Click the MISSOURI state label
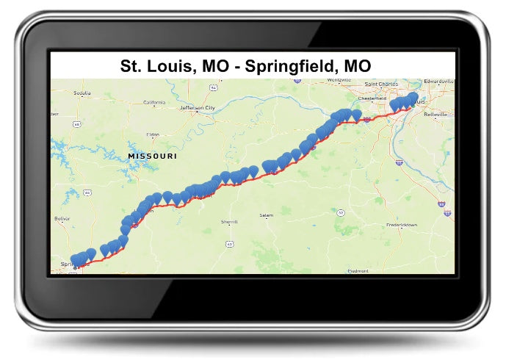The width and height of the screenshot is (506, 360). pos(152,156)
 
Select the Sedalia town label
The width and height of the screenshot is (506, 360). pos(82,93)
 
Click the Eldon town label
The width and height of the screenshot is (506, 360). pos(153,134)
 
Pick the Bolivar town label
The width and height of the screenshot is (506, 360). pos(62,219)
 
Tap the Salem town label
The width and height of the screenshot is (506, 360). pos(266,215)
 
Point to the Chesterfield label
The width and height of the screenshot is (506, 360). pos(372,98)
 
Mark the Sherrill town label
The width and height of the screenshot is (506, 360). pos(229,221)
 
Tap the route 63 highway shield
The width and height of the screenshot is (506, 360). pos(230,243)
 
